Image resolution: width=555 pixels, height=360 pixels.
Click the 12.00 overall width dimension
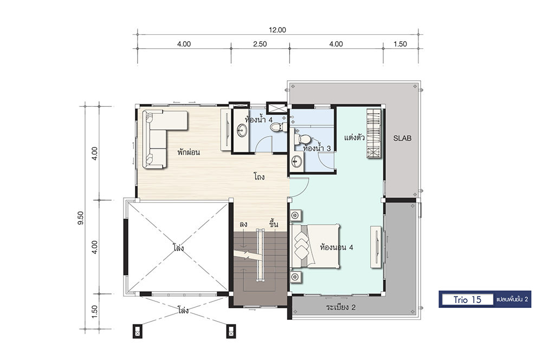pyautogui.click(x=277, y=30)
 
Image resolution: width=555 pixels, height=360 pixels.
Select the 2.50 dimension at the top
pyautogui.click(x=260, y=44)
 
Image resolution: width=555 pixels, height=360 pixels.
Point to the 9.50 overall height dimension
pyautogui.click(x=81, y=218)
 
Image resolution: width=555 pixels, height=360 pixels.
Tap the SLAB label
pyautogui.click(x=403, y=138)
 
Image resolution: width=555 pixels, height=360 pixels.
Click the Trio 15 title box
pyautogui.click(x=467, y=299)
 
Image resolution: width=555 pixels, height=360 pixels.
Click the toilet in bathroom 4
pyautogui.click(x=277, y=126)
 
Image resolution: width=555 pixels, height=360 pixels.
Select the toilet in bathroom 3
pyautogui.click(x=301, y=139)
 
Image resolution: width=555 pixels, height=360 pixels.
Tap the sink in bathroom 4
pyautogui.click(x=242, y=130)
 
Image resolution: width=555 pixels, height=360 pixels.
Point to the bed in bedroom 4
pyautogui.click(x=315, y=246)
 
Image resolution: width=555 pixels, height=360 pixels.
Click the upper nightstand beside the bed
pyautogui.click(x=296, y=215)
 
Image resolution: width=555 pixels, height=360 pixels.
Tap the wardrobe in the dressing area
pyautogui.click(x=374, y=133)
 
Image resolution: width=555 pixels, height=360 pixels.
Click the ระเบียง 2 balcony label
pyautogui.click(x=340, y=307)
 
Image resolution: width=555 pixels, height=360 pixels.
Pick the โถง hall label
pyautogui.click(x=259, y=176)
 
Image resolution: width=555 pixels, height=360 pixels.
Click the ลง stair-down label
pyautogui.click(x=243, y=225)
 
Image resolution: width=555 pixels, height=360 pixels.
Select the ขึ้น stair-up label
pyautogui.click(x=274, y=224)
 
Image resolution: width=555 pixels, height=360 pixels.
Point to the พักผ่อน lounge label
pyautogui.click(x=189, y=152)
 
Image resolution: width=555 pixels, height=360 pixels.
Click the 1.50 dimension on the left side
pyautogui.click(x=94, y=312)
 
